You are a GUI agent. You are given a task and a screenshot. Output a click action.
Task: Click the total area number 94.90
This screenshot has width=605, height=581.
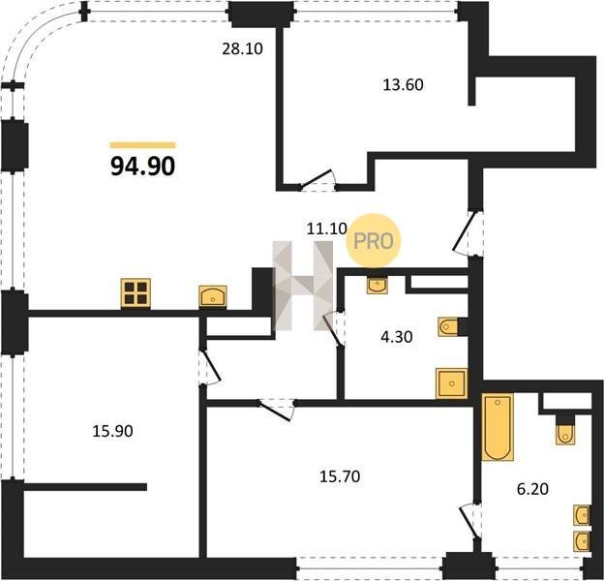click(142, 167)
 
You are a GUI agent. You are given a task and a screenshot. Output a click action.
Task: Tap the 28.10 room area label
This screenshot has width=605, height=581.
click(242, 48)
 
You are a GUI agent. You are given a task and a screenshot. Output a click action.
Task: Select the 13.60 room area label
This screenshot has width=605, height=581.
click(403, 84)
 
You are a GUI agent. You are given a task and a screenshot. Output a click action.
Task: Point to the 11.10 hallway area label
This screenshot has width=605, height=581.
click(327, 229)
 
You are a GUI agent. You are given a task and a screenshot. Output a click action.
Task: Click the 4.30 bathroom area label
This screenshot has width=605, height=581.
click(396, 337)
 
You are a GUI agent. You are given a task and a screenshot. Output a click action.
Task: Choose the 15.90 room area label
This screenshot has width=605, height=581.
click(112, 431)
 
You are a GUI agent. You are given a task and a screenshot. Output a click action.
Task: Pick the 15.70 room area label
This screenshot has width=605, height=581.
click(340, 476)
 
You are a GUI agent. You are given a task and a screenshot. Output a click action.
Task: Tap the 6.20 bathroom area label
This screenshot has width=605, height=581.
click(532, 490)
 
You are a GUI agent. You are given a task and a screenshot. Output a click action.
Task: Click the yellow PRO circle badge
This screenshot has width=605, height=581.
click(374, 241)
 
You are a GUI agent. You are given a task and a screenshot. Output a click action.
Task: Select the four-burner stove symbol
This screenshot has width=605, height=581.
click(136, 293)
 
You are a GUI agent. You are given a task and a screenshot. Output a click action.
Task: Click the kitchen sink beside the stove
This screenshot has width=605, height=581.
click(213, 296)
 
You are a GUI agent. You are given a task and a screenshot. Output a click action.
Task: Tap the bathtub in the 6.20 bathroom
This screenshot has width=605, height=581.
click(498, 427)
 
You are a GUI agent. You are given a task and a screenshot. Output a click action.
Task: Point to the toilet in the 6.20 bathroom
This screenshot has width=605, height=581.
click(565, 435)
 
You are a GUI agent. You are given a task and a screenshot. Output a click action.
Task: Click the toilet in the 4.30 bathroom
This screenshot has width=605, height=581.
click(448, 327)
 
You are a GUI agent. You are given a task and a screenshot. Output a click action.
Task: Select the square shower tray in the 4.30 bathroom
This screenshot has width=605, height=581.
click(451, 383)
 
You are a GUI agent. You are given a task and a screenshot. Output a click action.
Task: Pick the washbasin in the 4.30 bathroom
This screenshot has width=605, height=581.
click(377, 286)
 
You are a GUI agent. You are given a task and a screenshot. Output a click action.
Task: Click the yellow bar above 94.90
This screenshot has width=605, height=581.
click(142, 145)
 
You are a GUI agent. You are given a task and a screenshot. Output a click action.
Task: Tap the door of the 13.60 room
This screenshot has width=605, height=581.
click(318, 180)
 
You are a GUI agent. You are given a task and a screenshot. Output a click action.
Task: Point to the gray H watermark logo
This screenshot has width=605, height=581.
click(303, 286)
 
